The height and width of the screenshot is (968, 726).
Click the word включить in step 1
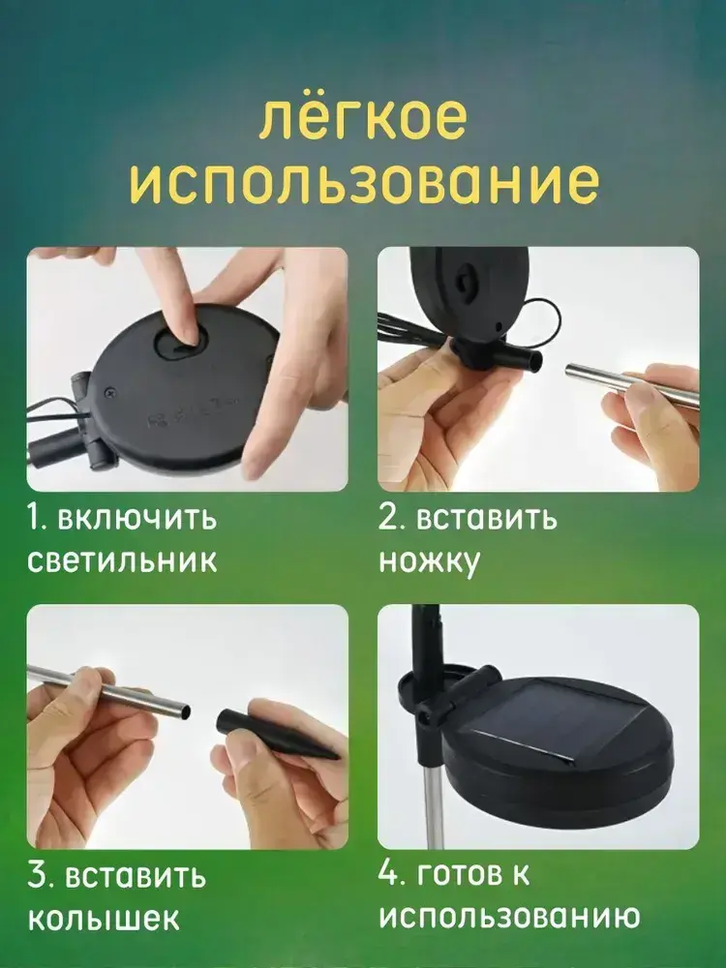(x=137, y=517)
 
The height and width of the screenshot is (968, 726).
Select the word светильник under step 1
(x=122, y=561)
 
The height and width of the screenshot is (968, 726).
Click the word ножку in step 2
(x=429, y=562)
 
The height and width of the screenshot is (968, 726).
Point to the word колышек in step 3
(x=105, y=919)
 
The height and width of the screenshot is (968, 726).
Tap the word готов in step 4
(x=456, y=874)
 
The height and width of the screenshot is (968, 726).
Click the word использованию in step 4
(x=509, y=917)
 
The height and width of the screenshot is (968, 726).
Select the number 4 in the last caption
(x=390, y=874)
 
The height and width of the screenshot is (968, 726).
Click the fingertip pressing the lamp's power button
(x=189, y=337)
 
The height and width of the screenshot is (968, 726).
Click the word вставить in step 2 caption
(x=487, y=519)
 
